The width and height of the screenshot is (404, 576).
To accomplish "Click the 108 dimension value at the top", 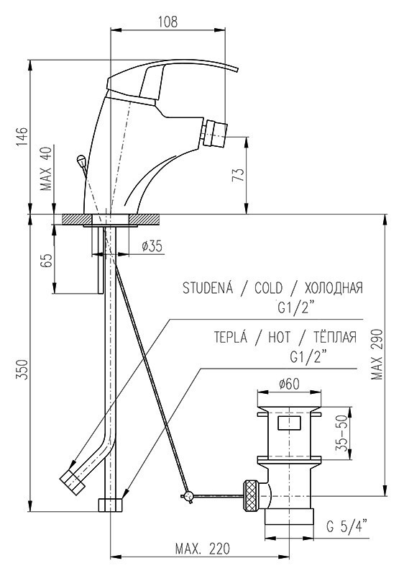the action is pyautogui.click(x=167, y=22).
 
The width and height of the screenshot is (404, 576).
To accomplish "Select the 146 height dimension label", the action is pyautogui.click(x=22, y=137).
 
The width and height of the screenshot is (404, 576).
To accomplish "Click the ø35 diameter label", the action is pyautogui.click(x=152, y=246).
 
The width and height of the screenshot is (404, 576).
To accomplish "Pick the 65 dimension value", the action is pyautogui.click(x=47, y=261).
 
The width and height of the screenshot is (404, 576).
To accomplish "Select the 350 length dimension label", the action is pyautogui.click(x=22, y=370).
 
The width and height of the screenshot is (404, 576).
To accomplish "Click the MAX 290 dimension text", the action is pyautogui.click(x=377, y=354).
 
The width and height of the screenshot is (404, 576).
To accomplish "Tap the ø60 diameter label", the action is pyautogui.click(x=289, y=384).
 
